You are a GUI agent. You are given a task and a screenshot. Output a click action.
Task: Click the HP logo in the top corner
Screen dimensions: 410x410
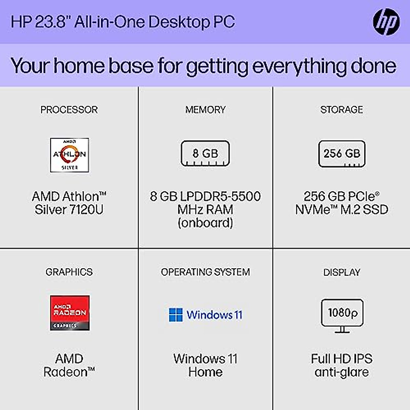[x=386, y=22]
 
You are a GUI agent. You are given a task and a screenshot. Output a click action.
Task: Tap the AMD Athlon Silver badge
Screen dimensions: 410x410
[x=69, y=155]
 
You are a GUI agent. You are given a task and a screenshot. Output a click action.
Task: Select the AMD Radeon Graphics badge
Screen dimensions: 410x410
[x=70, y=313]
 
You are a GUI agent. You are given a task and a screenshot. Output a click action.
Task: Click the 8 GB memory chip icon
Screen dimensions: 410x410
[x=205, y=153]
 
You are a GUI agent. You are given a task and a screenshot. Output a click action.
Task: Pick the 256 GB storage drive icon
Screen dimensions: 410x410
[x=342, y=154]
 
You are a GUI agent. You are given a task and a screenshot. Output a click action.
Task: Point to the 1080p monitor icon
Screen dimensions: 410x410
[x=342, y=315]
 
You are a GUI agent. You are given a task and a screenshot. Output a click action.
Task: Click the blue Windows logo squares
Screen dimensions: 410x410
[x=176, y=315]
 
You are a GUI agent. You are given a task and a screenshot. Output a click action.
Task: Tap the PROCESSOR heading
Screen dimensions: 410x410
[x=69, y=110]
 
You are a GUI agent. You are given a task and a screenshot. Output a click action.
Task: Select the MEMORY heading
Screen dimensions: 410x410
[x=205, y=110]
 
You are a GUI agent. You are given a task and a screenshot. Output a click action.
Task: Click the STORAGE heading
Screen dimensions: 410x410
[x=342, y=110]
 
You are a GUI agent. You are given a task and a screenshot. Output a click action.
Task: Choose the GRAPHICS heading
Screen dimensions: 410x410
[x=69, y=272]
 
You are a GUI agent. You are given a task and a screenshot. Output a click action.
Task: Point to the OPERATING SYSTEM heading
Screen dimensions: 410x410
[x=205, y=272]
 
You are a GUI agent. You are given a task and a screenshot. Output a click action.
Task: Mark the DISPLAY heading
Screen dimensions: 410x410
[x=342, y=272]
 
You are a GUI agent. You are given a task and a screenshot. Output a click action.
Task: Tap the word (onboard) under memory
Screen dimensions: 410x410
[x=205, y=223]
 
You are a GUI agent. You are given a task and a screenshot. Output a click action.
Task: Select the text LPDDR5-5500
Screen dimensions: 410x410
[x=220, y=196]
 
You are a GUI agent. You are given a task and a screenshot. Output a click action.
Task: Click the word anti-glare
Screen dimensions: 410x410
[x=342, y=372]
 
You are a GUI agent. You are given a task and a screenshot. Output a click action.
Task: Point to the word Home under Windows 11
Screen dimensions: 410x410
[x=205, y=372]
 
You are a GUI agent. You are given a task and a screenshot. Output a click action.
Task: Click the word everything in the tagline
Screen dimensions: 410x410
[x=299, y=66]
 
